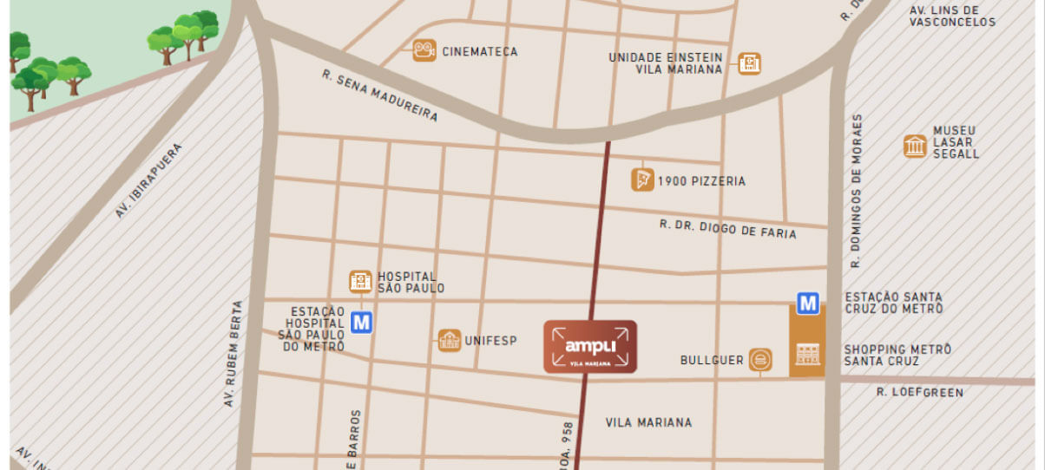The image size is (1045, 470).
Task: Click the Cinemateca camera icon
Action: (x=424, y=50)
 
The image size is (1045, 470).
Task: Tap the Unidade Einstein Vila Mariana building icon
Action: (x=750, y=63)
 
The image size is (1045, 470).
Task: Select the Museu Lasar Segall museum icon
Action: (x=914, y=146)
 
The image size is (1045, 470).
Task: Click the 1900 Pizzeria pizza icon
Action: (x=642, y=180)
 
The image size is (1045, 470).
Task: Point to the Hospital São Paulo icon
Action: (x=361, y=281)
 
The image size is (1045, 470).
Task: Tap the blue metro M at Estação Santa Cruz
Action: (x=808, y=304)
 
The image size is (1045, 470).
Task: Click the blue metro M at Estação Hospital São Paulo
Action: (x=362, y=323)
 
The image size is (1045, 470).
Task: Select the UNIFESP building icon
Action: (x=449, y=340)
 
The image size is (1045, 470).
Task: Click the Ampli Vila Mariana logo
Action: (x=590, y=347)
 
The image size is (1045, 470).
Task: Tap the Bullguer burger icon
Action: (x=760, y=359)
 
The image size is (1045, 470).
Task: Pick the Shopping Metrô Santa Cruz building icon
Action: (x=807, y=353)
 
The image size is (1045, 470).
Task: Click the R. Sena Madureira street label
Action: (x=379, y=95)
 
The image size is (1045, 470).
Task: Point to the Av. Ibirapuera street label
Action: (x=149, y=180)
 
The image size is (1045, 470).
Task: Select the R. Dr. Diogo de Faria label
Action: (x=728, y=229)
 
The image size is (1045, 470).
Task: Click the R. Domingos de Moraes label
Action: (x=858, y=190)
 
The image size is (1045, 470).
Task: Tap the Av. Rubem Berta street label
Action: (x=232, y=353)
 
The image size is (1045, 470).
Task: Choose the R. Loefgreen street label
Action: (x=920, y=393)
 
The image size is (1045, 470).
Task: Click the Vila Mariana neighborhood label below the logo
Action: (x=649, y=422)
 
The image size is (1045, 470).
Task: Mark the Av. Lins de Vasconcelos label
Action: (x=952, y=16)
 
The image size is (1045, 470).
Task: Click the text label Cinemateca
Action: (x=479, y=52)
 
